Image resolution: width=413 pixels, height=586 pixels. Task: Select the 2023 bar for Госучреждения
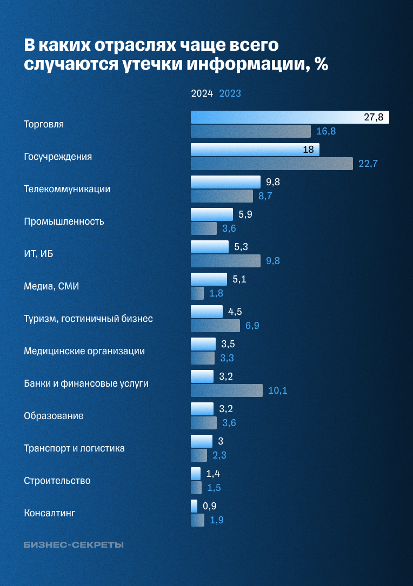[271, 164]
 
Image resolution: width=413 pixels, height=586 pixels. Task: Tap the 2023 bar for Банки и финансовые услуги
[227, 390]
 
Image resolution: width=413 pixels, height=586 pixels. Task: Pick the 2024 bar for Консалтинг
[194, 506]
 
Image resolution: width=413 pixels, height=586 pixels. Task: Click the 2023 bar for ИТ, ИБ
[225, 261]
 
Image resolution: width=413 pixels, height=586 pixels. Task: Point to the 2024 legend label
[202, 93]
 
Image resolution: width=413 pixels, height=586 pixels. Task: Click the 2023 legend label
[230, 93]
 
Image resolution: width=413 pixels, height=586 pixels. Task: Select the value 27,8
[374, 117]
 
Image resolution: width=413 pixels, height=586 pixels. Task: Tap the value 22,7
[368, 164]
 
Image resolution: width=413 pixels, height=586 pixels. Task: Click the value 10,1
[277, 390]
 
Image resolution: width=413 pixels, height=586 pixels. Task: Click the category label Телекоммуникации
[67, 189]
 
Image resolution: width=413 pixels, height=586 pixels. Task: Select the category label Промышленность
[64, 221]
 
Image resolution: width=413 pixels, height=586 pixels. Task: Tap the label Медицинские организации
[84, 351]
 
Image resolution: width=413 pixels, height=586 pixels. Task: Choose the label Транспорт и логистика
[74, 448]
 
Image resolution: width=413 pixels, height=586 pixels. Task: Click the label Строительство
[57, 481]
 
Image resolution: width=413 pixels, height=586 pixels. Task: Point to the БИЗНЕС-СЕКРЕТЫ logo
[74, 545]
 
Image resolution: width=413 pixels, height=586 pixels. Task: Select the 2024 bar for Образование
[202, 409]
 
